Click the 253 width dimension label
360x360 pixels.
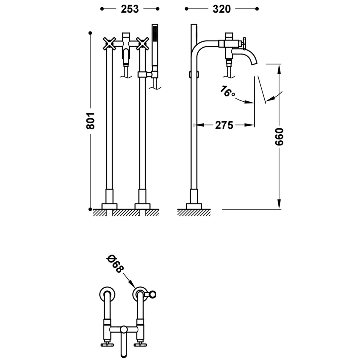click(x=130, y=9)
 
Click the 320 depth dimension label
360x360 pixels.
click(x=222, y=9)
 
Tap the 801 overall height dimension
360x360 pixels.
click(x=90, y=121)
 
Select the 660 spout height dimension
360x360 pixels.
click(x=279, y=136)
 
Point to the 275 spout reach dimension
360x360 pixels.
click(x=224, y=125)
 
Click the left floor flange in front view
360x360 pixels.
click(x=109, y=206)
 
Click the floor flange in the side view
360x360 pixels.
click(x=194, y=206)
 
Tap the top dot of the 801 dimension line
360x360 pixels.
click(x=90, y=33)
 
